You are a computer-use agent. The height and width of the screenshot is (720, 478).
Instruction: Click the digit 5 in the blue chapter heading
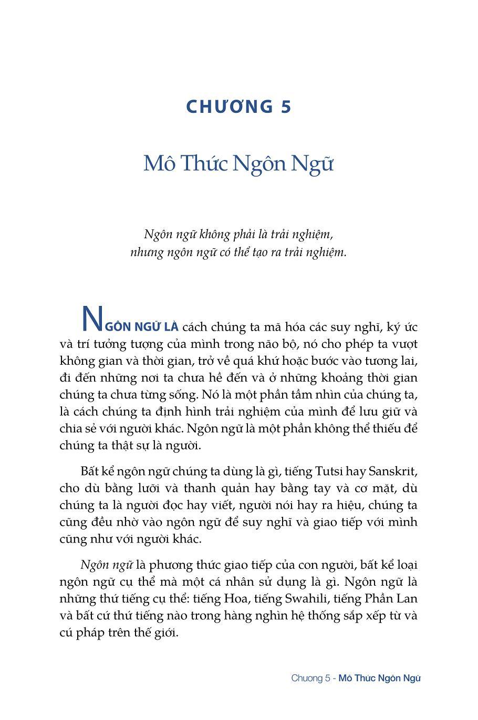[286, 107]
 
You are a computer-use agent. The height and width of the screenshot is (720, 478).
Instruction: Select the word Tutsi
[330, 471]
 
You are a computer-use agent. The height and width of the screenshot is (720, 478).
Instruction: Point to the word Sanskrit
[391, 471]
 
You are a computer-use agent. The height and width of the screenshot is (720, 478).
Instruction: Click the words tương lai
[389, 361]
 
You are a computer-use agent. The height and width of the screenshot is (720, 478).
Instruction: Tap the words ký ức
[402, 327]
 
